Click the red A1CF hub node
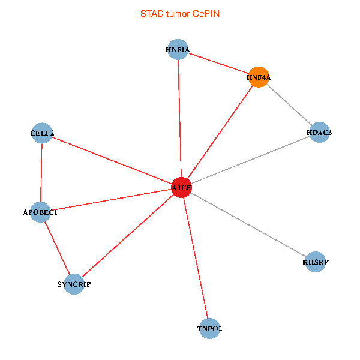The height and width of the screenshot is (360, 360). point(181,188)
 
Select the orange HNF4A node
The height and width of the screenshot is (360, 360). point(259,77)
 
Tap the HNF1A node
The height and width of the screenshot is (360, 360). point(178,50)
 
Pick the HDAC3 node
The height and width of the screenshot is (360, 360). point(319,133)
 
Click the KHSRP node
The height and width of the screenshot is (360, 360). point(316,262)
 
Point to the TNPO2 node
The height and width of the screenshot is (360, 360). point(210,329)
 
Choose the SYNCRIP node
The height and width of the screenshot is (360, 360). point(74,284)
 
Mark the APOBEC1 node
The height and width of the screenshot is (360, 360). point(40,212)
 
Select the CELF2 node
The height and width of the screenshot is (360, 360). point(42,133)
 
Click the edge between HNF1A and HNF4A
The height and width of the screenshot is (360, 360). point(218,63)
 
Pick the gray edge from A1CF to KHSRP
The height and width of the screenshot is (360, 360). point(248,225)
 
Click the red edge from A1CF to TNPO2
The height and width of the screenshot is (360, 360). point(196,258)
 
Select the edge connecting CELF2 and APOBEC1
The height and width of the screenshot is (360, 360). point(41,172)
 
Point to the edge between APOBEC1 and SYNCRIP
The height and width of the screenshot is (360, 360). point(57,248)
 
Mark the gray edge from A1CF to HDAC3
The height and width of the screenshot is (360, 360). point(250,160)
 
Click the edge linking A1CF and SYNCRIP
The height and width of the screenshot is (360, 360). point(127,236)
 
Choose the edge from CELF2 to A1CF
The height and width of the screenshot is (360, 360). point(112,160)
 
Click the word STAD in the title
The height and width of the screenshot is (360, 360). point(151,13)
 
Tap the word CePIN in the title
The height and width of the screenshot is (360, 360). point(206,13)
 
